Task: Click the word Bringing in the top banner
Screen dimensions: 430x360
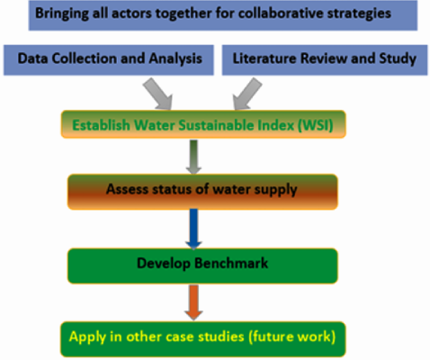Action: tap(62, 14)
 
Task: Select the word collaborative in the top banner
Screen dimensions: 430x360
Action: tap(280, 13)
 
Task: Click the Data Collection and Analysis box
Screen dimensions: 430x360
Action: tap(109, 60)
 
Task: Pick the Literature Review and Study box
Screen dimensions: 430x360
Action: tap(325, 60)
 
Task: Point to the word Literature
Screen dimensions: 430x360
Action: tap(264, 58)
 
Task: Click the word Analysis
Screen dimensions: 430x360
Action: tap(175, 58)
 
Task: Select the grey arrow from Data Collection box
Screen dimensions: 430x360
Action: tap(158, 94)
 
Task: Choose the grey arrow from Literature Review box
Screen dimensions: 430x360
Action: tap(247, 94)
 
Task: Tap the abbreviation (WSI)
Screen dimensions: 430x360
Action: tap(315, 125)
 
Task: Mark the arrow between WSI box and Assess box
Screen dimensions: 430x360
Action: tap(193, 157)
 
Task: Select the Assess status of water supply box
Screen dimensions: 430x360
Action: tap(202, 192)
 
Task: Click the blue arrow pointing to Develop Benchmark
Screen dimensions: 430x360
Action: tap(193, 229)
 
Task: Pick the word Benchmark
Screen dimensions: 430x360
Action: tap(231, 263)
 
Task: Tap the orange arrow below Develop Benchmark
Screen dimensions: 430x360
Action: tap(193, 302)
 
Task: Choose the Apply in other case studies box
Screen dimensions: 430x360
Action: tap(203, 339)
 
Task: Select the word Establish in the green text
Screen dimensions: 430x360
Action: tap(101, 125)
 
